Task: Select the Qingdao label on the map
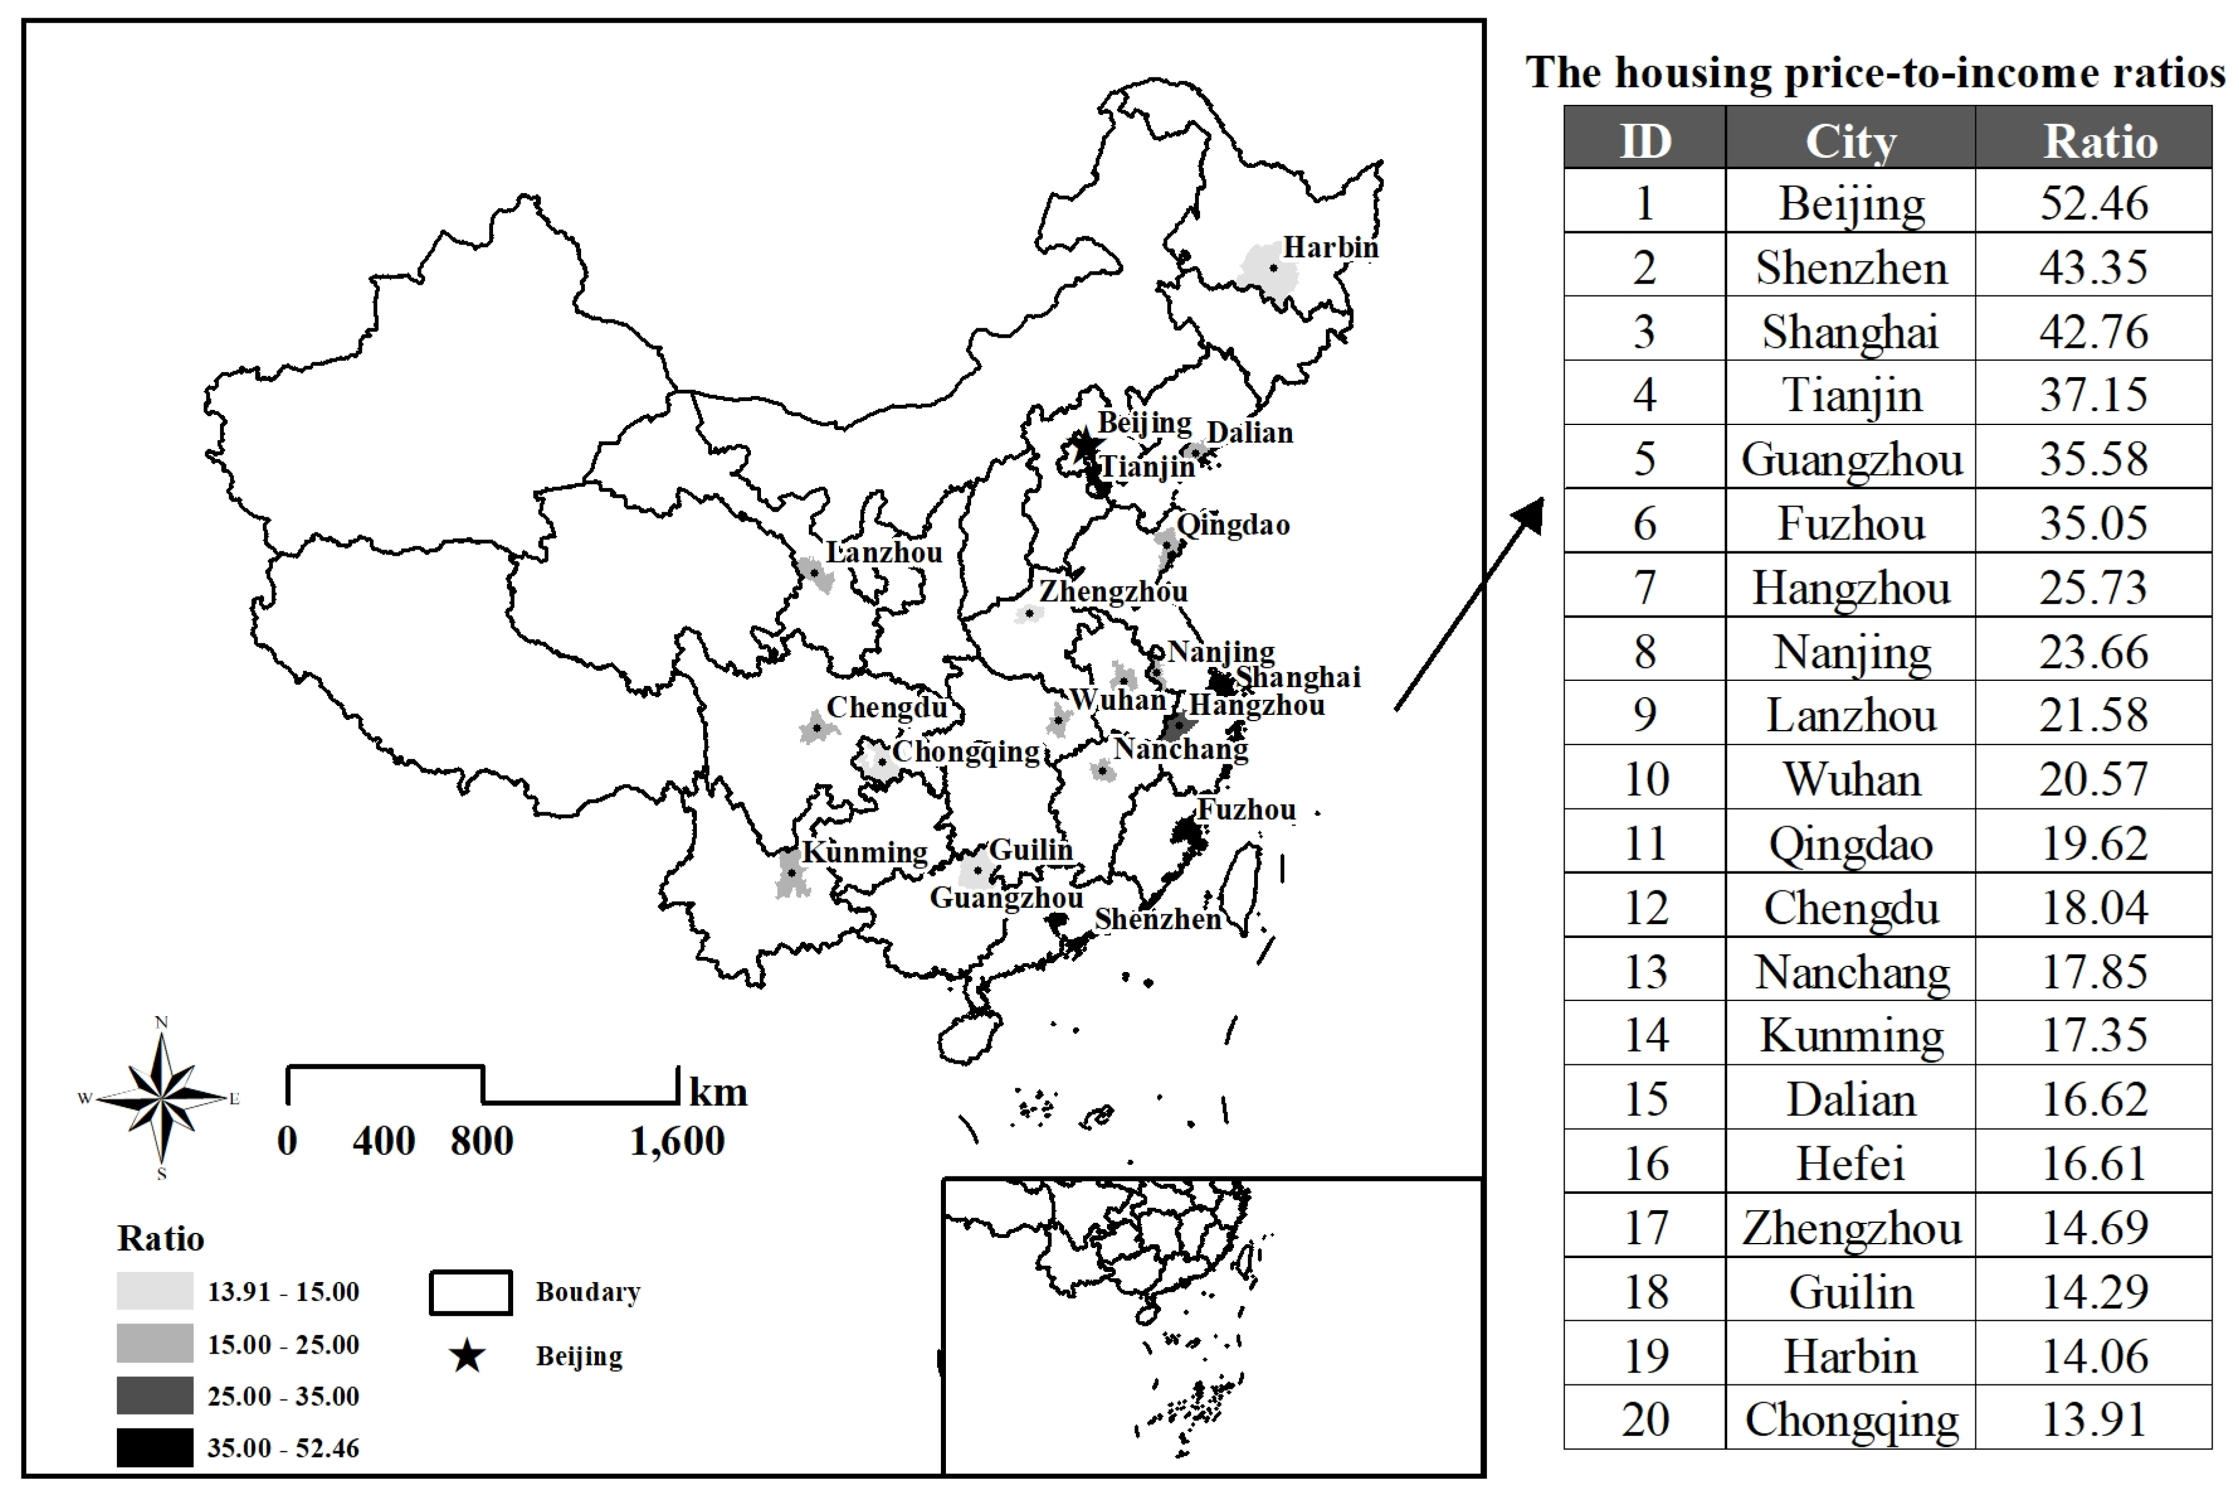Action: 1233,524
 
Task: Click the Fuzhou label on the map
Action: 1246,810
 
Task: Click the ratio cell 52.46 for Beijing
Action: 2093,202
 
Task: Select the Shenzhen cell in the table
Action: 1850,267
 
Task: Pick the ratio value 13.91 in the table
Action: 2093,1418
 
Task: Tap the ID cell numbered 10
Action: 1645,779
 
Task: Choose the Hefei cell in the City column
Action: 1850,1164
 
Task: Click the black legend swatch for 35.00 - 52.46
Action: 155,1447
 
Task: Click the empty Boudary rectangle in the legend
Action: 470,1292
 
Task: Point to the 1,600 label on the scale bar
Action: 677,1141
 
